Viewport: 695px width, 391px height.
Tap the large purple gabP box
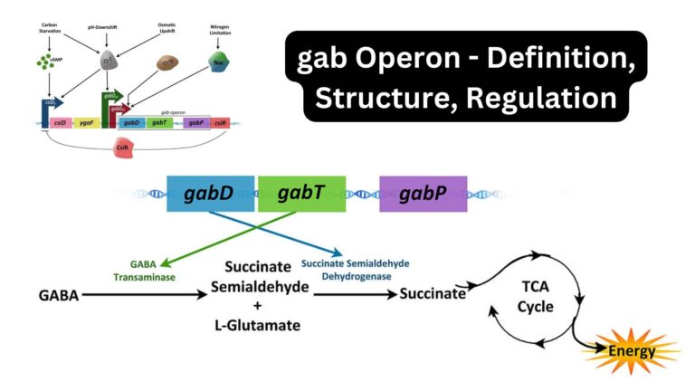423,194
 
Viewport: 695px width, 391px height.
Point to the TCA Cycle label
535,297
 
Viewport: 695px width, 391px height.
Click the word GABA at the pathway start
57,294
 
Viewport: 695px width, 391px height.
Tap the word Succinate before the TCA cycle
433,294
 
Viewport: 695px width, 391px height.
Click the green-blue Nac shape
216,62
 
